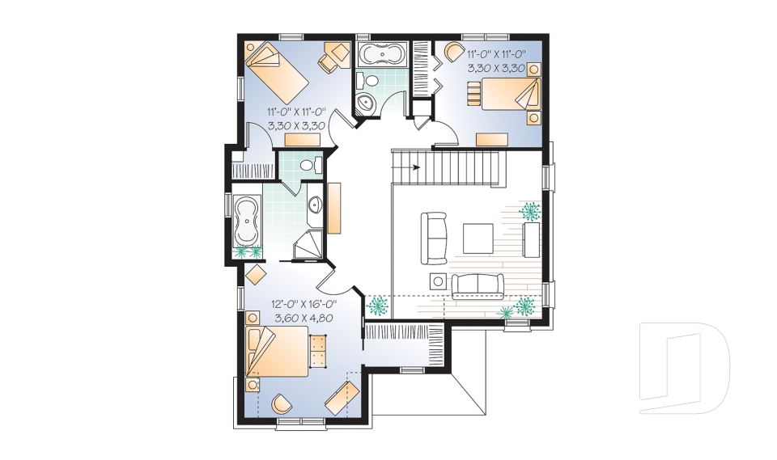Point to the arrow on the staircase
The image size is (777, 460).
point(416,168)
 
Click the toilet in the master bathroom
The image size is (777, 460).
point(308,165)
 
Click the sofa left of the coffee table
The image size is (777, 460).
point(434,238)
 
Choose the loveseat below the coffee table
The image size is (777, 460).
point(477,285)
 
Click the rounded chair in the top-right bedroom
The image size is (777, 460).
point(450,58)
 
